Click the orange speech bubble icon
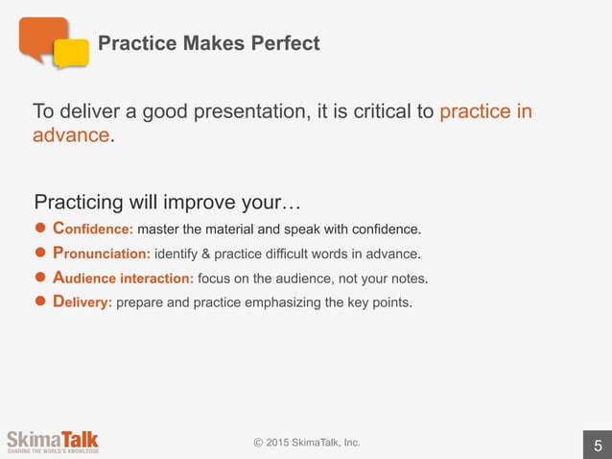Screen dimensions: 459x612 pyautogui.click(x=42, y=38)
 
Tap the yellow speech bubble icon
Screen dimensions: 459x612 pyautogui.click(x=71, y=53)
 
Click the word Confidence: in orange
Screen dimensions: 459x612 pyautogui.click(x=92, y=229)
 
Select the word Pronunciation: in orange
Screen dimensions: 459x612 pyautogui.click(x=100, y=254)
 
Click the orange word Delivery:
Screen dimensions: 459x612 pyautogui.click(x=82, y=302)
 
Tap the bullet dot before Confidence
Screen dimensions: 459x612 pyautogui.click(x=40, y=229)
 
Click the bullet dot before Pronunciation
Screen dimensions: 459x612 pyautogui.click(x=40, y=254)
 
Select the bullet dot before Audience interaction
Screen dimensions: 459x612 pyautogui.click(x=40, y=278)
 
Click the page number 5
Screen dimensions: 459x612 pyautogui.click(x=598, y=446)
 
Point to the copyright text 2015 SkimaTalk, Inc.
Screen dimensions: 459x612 pyautogui.click(x=307, y=442)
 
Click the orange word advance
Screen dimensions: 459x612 pyautogui.click(x=72, y=135)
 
